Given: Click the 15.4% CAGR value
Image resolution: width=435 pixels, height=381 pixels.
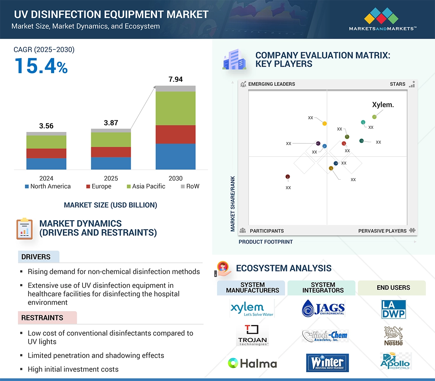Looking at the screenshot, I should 41,66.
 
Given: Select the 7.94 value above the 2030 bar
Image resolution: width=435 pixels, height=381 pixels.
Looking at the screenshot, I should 175,79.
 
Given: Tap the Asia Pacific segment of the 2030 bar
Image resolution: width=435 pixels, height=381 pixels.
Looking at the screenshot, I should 175,108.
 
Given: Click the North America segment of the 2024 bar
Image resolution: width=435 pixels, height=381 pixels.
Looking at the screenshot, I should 46,164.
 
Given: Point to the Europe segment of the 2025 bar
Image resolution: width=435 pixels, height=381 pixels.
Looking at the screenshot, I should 111,152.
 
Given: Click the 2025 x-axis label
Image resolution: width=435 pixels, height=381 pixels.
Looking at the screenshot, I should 111,178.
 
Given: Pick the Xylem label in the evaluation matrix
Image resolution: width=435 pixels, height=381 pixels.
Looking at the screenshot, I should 383,105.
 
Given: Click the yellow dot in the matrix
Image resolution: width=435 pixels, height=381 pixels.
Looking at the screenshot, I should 325,124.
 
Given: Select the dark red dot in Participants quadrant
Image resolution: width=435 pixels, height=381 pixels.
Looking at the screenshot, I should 287,177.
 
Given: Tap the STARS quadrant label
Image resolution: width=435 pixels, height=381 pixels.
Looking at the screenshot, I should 397,84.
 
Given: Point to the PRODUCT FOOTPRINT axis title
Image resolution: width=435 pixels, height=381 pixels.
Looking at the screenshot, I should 265,242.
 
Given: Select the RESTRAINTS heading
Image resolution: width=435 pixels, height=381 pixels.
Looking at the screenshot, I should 42,318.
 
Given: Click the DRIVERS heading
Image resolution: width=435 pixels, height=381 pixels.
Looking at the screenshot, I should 36,257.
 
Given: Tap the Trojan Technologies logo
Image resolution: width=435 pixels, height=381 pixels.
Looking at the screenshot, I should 252,336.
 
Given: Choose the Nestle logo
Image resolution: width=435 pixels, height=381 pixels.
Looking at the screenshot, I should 393,336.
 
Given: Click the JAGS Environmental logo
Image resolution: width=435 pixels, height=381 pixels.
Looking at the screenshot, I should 323,309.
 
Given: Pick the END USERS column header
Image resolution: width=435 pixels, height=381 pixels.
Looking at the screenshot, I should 393,287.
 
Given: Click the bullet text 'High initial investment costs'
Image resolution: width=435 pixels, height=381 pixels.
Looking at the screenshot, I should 73,369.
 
